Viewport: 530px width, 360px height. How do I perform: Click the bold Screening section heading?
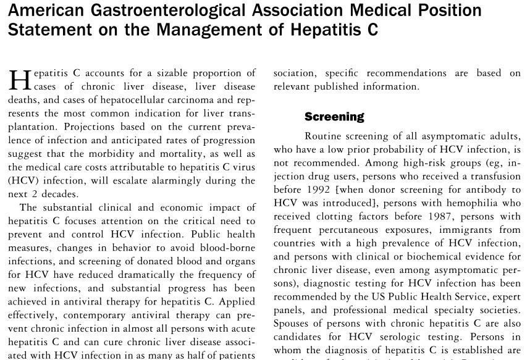pos(334,117)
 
